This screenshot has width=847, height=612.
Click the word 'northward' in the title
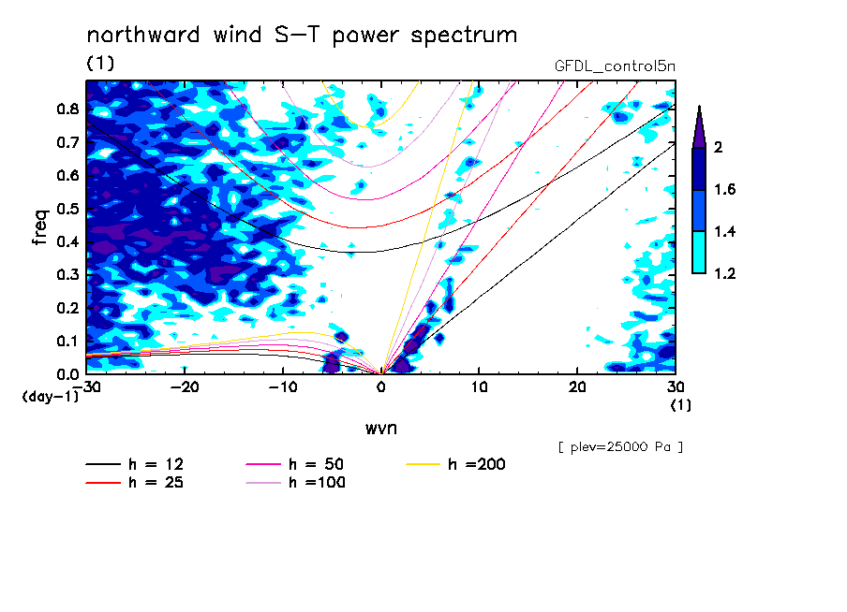(143, 35)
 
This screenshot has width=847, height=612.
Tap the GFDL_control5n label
(615, 66)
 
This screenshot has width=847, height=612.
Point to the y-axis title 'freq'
(40, 227)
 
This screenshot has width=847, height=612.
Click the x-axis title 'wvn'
(381, 429)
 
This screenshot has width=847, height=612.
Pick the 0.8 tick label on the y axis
(68, 109)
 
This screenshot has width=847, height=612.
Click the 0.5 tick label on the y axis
(68, 209)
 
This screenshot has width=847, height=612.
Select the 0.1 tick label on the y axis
(68, 342)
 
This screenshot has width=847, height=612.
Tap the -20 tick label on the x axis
(185, 387)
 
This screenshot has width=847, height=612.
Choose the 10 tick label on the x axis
(479, 387)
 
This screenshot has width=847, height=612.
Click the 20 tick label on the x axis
(577, 387)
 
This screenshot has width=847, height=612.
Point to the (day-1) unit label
(50, 397)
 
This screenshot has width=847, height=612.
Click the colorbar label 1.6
(725, 189)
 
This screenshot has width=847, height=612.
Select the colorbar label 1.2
(725, 273)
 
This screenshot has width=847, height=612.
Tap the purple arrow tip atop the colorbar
(700, 107)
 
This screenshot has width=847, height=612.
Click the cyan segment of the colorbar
(699, 253)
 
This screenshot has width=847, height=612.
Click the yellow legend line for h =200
(423, 464)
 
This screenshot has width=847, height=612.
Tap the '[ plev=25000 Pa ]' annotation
(620, 447)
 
